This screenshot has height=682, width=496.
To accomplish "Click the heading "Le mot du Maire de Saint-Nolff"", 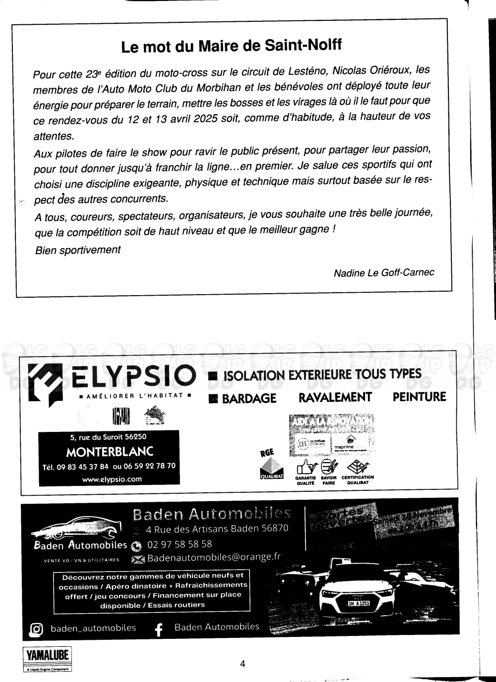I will [232, 47].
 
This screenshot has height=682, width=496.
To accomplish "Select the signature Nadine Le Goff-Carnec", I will [384, 272].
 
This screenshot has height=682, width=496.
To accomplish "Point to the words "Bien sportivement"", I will [78, 250].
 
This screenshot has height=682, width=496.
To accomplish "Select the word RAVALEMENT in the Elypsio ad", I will [335, 397].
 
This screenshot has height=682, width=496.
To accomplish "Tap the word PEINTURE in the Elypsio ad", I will [419, 397].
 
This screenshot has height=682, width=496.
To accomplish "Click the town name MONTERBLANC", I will [110, 452].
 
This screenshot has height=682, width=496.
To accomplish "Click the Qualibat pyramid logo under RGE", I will [271, 468].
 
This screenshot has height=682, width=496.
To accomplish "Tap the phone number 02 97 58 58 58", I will [180, 544].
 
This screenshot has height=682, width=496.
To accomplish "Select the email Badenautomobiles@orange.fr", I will [214, 557].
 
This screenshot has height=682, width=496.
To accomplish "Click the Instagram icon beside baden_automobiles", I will [36, 629].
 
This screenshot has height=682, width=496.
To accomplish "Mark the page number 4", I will [243, 664].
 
